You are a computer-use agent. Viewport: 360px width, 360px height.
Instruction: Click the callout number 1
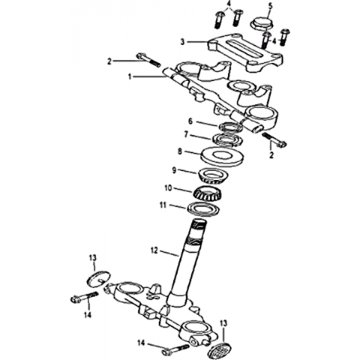[x=130, y=77]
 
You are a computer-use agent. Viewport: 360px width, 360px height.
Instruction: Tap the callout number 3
[x=183, y=42]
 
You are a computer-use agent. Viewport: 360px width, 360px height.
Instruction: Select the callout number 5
[x=270, y=6]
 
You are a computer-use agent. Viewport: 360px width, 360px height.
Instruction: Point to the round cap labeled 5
[x=262, y=23]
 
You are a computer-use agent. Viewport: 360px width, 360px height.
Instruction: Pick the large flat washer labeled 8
[x=223, y=157]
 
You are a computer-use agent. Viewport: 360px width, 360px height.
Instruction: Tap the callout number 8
[x=180, y=151]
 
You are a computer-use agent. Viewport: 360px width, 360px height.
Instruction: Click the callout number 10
[x=168, y=188]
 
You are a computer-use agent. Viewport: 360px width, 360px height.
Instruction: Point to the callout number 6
[x=190, y=121]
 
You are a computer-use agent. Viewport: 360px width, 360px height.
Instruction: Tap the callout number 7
[x=186, y=135]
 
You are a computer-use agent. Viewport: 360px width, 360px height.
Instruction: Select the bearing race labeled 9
[x=213, y=175]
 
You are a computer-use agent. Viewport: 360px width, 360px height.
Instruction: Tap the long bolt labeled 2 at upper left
[x=148, y=60]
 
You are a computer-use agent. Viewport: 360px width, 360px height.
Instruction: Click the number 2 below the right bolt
[x=271, y=155]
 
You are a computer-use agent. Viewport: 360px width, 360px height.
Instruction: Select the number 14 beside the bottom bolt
[x=142, y=343]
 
